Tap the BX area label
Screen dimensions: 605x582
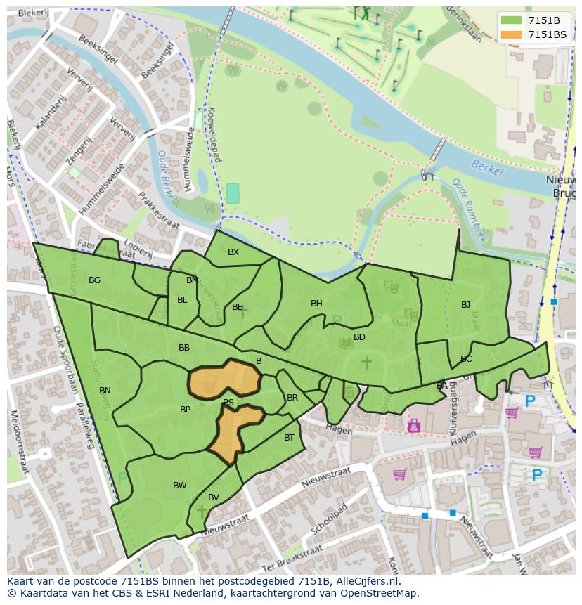point(233,252)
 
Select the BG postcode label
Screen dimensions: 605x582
point(94,280)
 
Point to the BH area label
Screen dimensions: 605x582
point(316,304)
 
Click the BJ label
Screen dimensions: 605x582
point(465,305)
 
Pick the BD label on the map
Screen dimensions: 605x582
point(359,337)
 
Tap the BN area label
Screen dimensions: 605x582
point(105,391)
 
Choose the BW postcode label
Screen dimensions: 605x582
point(180,486)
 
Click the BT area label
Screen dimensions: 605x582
point(289,438)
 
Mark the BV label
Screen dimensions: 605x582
point(214,497)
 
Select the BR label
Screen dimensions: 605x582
point(292,398)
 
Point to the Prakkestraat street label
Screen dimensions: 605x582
point(158,211)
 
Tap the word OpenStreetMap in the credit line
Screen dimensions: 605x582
point(377,593)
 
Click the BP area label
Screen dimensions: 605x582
point(185,410)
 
